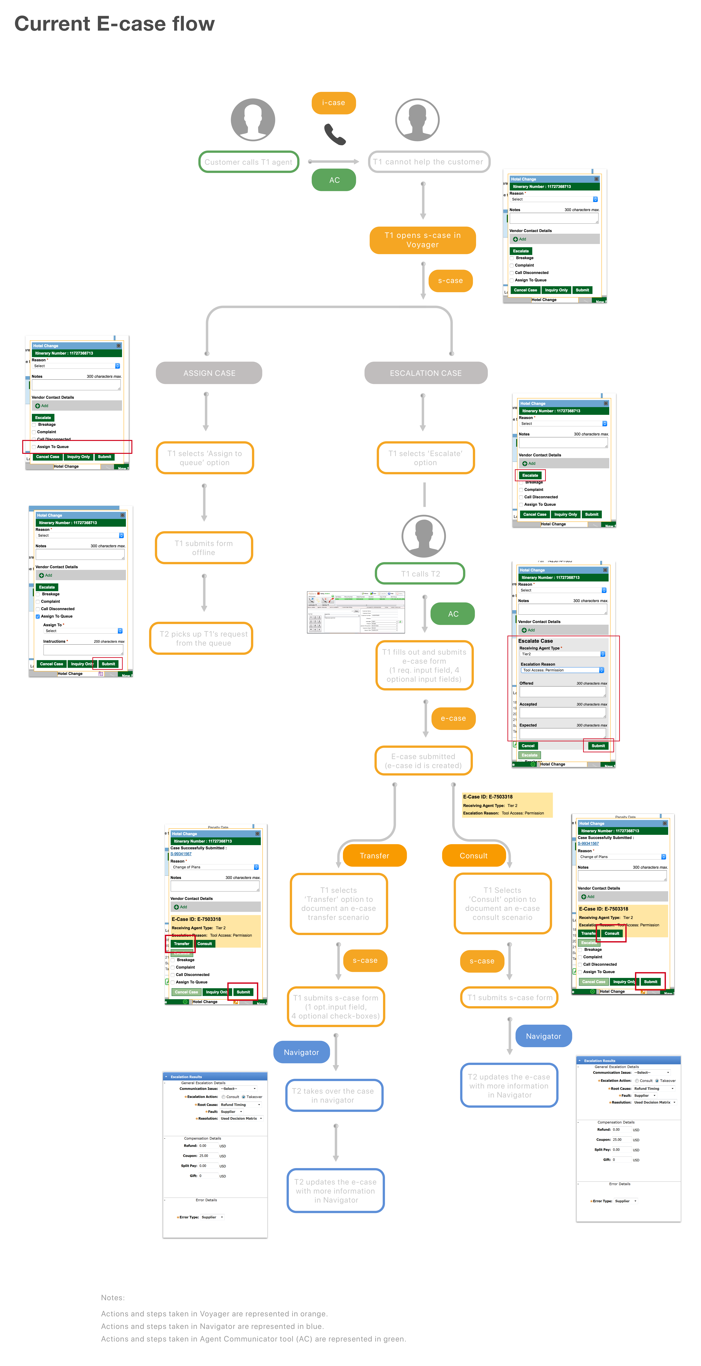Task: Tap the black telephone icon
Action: pos(335,134)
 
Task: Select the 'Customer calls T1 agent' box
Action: pos(248,162)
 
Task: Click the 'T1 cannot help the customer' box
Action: pos(429,162)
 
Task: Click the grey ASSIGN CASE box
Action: pos(209,373)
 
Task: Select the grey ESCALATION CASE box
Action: pos(426,373)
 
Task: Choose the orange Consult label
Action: pos(473,855)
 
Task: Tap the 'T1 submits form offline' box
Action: pos(204,548)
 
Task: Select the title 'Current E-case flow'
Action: pos(114,24)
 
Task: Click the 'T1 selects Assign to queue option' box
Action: pos(204,458)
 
